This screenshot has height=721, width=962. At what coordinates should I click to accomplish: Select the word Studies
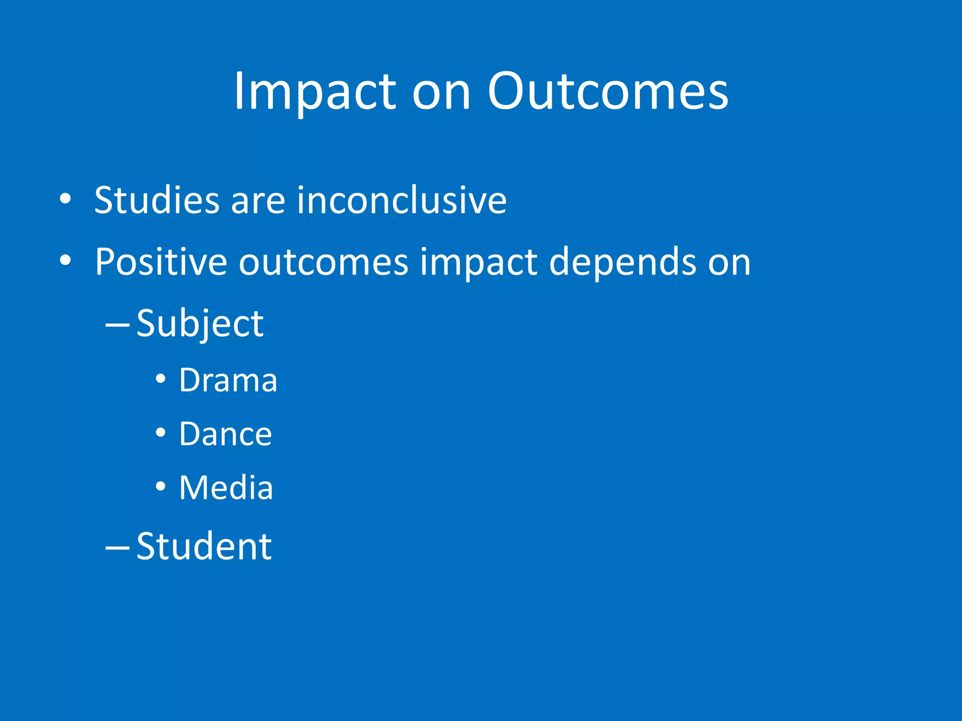point(157,200)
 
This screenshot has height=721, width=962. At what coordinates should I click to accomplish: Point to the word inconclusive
point(402,200)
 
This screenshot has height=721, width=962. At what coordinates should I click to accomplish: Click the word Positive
point(161,262)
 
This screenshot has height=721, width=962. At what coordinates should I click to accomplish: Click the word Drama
point(228,380)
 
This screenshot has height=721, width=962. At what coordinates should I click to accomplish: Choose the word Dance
point(225,434)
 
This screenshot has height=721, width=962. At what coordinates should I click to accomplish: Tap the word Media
point(226,488)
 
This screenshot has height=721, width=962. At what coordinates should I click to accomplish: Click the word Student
point(204,546)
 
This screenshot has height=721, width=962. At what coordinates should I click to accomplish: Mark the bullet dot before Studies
point(65,198)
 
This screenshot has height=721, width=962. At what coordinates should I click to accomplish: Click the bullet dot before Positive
point(65,260)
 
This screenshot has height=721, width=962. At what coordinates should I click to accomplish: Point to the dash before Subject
point(117,324)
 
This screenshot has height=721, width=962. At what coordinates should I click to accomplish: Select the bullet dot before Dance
point(161,432)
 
